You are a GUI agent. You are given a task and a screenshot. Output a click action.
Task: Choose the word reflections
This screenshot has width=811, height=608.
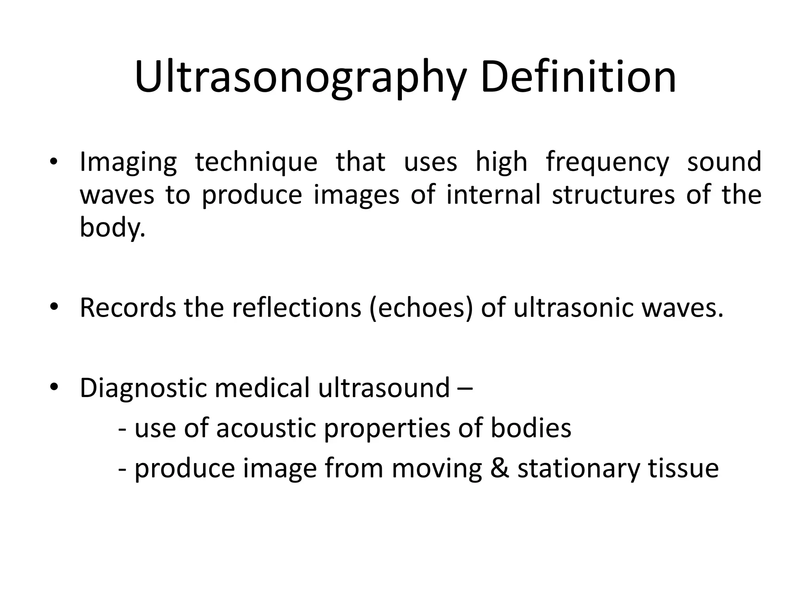pyautogui.click(x=297, y=308)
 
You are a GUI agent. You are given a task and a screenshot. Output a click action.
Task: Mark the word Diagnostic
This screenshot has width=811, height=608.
pyautogui.click(x=143, y=388)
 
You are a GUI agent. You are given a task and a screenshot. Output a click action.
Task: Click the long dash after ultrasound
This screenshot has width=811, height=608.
pyautogui.click(x=465, y=388)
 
